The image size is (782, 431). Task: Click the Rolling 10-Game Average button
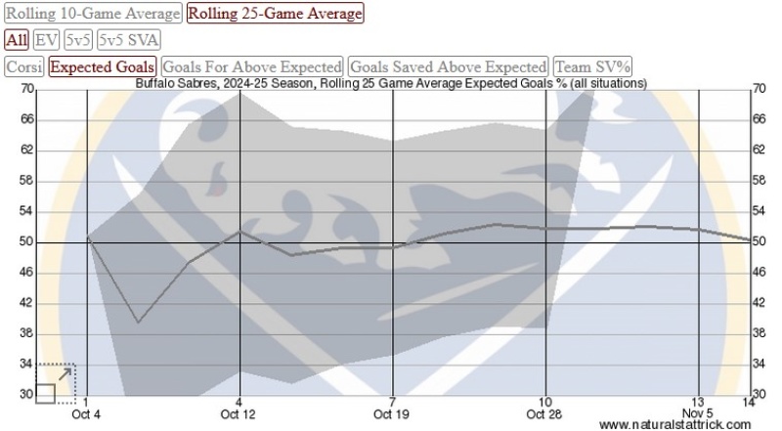point(93,14)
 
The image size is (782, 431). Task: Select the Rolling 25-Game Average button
point(275,14)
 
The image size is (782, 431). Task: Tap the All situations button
point(16,40)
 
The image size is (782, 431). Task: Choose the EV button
point(46,40)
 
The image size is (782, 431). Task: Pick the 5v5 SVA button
point(129,40)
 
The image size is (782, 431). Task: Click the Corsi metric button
point(24,66)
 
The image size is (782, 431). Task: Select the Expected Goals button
point(103,66)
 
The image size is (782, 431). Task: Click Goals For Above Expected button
point(251,66)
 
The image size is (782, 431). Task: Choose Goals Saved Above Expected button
point(449,66)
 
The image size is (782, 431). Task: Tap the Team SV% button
point(593,66)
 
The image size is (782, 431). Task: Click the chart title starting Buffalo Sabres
point(391,84)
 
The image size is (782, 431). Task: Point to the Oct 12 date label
point(239,414)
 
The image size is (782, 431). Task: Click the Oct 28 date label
point(544,414)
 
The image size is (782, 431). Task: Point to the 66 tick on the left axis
point(27,119)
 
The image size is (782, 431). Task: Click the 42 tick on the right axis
point(758,303)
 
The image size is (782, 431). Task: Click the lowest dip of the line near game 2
point(138,323)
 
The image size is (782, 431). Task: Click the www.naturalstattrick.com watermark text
point(674,425)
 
